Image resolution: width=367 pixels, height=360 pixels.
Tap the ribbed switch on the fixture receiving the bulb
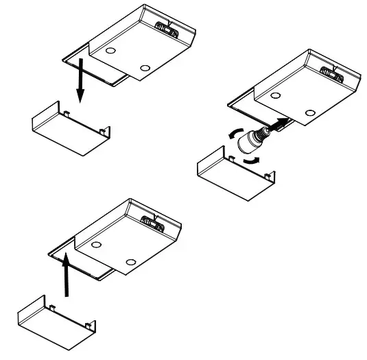[x=330, y=71]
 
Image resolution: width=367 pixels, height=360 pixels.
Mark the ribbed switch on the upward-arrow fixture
[x=152, y=221]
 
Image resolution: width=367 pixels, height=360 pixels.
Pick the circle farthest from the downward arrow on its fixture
[x=144, y=69]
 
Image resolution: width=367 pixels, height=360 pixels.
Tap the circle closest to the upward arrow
[x=96, y=245]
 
